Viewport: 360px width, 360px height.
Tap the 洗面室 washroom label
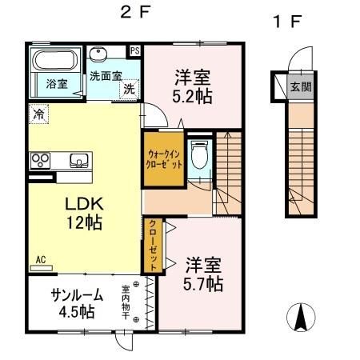(106, 75)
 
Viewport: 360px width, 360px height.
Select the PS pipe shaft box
(134, 50)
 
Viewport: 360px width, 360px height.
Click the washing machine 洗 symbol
(129, 90)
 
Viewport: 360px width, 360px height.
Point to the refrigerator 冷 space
(38, 114)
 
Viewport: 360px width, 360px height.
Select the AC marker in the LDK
(40, 258)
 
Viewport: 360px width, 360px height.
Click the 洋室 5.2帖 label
(192, 86)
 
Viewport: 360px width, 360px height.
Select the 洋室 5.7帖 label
(203, 274)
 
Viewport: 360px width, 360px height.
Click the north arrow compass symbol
(301, 318)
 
